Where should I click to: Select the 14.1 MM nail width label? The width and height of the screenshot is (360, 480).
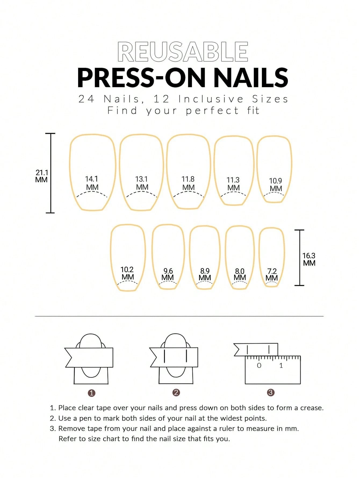[x=92, y=183]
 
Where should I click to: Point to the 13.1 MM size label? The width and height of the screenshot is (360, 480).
[x=142, y=183]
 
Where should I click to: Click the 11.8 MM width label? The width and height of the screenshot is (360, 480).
[x=188, y=183]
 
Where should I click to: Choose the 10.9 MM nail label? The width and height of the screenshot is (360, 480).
[x=276, y=185]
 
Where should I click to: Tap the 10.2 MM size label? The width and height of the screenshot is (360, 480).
[x=127, y=273]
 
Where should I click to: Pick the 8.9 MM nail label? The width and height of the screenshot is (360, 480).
[x=205, y=274]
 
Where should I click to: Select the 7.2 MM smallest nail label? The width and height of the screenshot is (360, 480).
[x=272, y=275]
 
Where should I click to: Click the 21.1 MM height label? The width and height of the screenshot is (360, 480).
[x=42, y=176]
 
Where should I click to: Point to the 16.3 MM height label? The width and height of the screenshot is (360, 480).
[x=309, y=259]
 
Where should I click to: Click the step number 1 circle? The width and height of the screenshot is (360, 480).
[x=92, y=393]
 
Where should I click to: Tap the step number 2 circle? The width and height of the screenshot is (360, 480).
[x=176, y=393]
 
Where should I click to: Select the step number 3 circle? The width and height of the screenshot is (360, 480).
[x=270, y=393]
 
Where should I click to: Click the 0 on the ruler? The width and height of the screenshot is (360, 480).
[x=259, y=365]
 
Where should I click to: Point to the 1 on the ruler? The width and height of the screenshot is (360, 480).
[x=281, y=365]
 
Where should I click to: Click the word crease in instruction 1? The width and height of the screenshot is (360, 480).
[x=311, y=408]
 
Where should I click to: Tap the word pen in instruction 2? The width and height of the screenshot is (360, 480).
[x=85, y=418]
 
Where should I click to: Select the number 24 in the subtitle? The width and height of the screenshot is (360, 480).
[x=87, y=99]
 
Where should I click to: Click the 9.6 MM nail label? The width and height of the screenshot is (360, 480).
[x=168, y=274]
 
